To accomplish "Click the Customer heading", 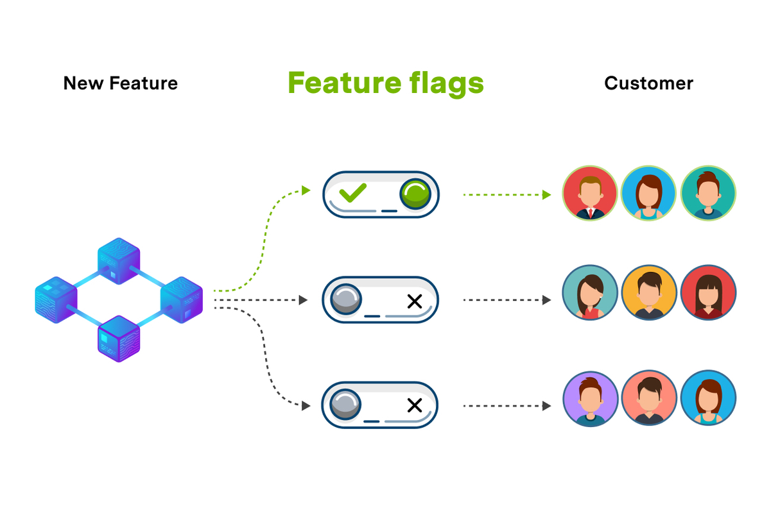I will tap(648, 83).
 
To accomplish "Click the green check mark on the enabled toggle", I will tap(352, 192).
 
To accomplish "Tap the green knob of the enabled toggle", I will tap(415, 194).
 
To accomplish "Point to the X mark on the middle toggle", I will tap(415, 301).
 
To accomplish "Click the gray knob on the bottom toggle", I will tap(345, 405).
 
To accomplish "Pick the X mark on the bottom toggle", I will tap(415, 405).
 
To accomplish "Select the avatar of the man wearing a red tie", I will tap(590, 194).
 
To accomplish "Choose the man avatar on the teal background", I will tap(708, 194).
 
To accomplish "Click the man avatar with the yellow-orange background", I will tap(649, 293).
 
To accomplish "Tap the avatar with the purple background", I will tap(590, 399).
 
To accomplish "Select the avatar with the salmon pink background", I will tap(649, 399).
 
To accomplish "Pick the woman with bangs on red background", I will tap(708, 293).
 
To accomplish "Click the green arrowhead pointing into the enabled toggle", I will tap(306, 190).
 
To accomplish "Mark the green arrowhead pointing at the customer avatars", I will tap(547, 194).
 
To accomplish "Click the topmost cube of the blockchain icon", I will tap(119, 260).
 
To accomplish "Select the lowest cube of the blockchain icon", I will tap(119, 339).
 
